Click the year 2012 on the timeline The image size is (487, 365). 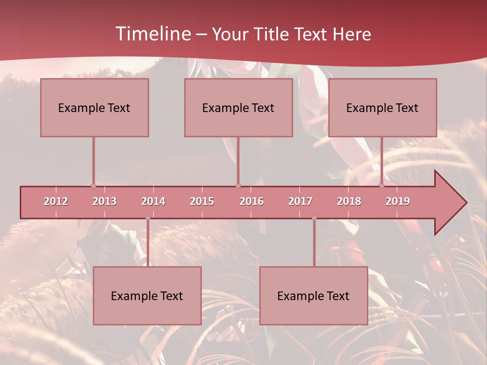pos(56,201)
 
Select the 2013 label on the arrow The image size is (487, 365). pos(105,201)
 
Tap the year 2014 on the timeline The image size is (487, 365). pos(153,201)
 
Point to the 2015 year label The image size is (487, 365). pos(202,201)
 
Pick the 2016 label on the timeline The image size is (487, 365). pos(252,201)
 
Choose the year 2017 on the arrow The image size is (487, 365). pos(300,201)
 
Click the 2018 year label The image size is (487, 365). pos(349,201)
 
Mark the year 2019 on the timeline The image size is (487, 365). pos(398,201)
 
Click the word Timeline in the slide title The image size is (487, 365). pos(152,34)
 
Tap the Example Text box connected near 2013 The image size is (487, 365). pos(94,107)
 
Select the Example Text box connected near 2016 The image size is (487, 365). pos(238,107)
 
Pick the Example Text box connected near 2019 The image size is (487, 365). pos(382,107)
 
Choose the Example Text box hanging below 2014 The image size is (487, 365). pos(147,296)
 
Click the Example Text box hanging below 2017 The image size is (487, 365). pos(314,296)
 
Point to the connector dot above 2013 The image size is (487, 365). pos(93,186)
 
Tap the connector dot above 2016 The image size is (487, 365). pos(238,186)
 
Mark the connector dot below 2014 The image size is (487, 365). pos(148,218)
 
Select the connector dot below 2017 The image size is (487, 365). pos(314,218)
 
